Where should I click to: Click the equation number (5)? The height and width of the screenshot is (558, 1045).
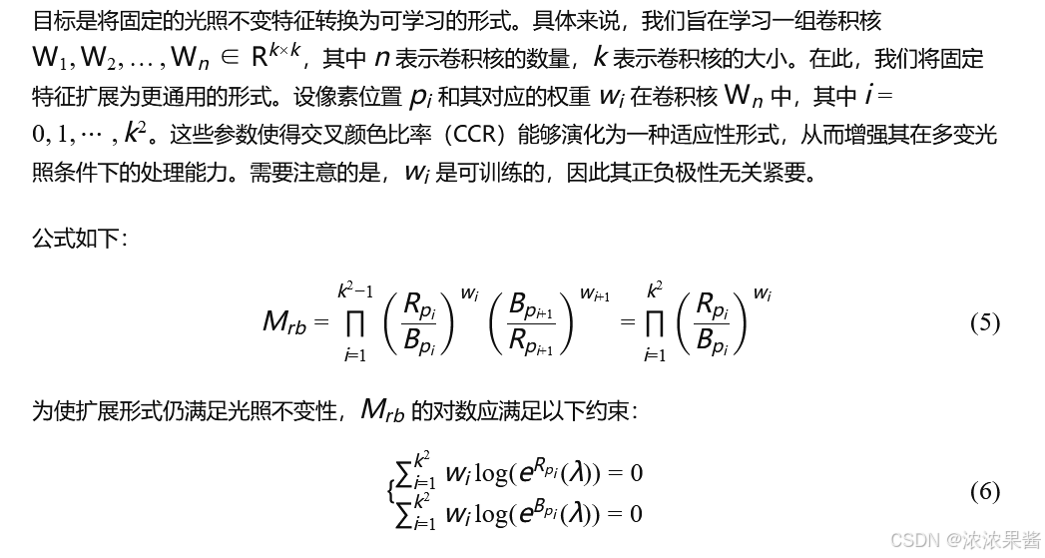(x=984, y=322)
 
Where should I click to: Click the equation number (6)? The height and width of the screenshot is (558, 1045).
(x=984, y=491)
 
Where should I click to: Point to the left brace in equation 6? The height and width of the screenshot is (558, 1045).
(x=390, y=491)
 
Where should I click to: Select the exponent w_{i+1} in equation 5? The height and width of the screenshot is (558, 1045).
(x=595, y=294)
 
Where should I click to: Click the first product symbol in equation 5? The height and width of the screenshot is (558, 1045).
(x=353, y=322)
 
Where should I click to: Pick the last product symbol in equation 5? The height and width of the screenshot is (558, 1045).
(x=655, y=322)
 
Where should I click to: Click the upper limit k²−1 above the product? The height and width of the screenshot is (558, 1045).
(x=354, y=290)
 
